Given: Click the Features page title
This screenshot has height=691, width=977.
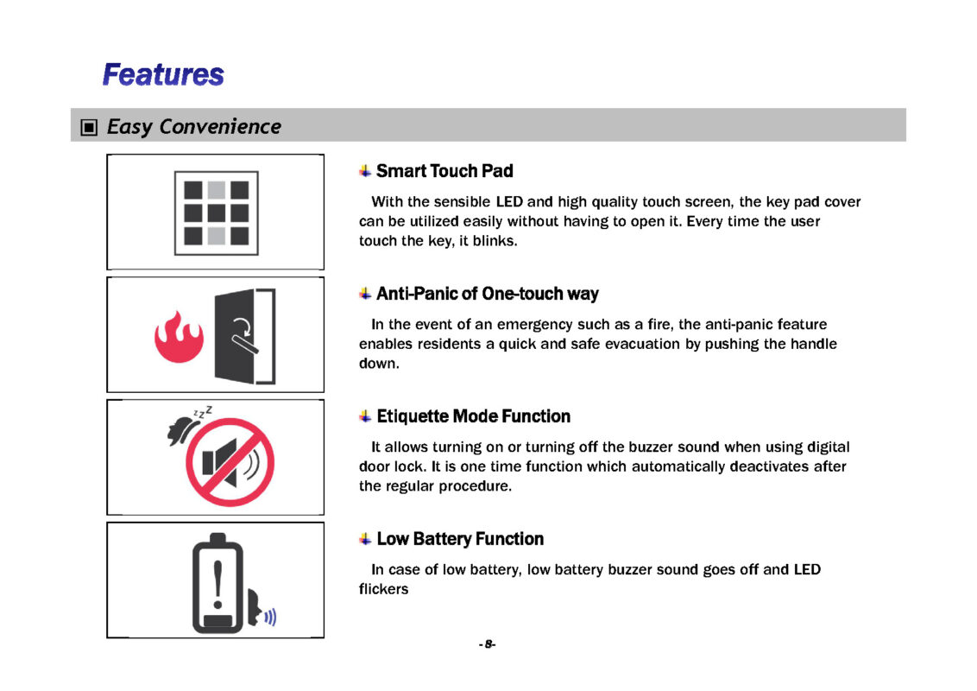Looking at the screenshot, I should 163,74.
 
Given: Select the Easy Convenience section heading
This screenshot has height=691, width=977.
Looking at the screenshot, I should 193,127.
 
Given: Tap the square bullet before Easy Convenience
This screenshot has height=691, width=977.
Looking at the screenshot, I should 88,128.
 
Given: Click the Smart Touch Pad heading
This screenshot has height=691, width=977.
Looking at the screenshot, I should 444,171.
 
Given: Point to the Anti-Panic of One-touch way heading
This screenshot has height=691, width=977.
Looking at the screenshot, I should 487,294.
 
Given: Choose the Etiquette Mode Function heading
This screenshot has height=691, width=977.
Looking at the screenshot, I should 473,416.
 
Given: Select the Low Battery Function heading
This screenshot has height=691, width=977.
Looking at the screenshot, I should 460,539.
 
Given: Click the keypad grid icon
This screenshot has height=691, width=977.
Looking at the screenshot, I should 216,212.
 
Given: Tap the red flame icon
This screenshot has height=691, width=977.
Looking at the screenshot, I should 179,337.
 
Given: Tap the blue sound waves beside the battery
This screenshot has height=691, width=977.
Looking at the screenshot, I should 270,616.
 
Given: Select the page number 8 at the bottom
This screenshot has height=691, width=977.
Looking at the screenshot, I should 488,644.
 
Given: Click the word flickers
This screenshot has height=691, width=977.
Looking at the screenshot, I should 383,589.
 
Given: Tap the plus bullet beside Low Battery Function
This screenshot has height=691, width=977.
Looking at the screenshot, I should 366,539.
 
